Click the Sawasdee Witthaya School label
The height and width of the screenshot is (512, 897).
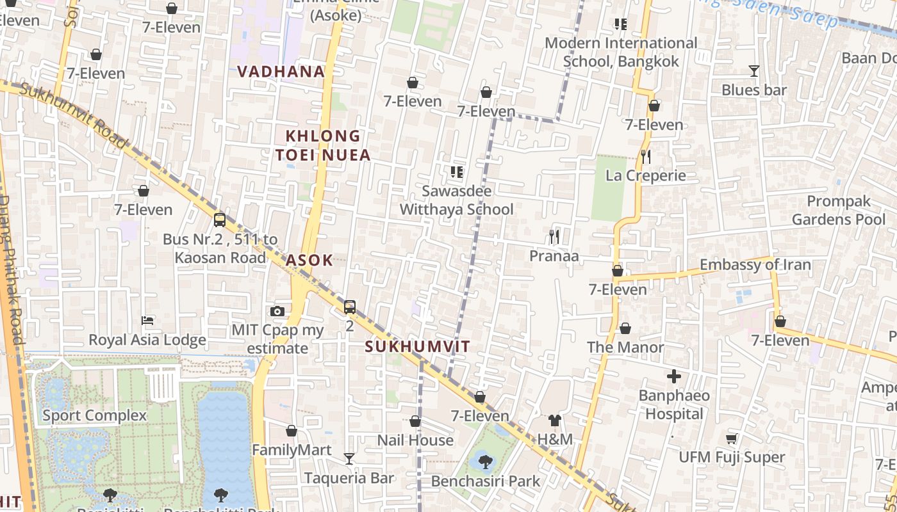(x=456, y=200)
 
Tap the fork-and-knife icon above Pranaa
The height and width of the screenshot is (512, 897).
(x=554, y=237)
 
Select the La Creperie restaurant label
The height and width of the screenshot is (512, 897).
(x=645, y=175)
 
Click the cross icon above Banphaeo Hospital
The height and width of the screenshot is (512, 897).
(x=674, y=376)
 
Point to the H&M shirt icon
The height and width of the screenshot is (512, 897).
(x=555, y=420)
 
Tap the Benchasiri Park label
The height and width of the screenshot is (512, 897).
(x=486, y=481)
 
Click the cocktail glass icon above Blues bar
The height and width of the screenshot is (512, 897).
(x=754, y=71)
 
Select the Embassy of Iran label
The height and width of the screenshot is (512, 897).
(x=755, y=265)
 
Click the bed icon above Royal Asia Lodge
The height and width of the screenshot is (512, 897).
(x=147, y=320)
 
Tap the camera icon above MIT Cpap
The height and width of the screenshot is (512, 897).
(x=277, y=311)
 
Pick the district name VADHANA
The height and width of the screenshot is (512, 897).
(x=281, y=72)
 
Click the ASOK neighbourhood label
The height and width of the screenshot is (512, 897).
(x=309, y=260)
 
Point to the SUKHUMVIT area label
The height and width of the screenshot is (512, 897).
(x=418, y=347)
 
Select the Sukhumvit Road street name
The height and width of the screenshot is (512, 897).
(x=74, y=115)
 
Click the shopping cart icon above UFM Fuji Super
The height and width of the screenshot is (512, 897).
(x=731, y=438)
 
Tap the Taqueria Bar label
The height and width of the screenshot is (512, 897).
(x=349, y=478)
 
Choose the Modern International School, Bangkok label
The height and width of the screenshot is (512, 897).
(x=620, y=52)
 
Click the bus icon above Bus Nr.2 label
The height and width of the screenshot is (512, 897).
(x=220, y=220)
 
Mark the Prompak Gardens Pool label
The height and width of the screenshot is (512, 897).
(x=839, y=211)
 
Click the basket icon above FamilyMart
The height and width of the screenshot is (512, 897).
(x=292, y=431)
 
